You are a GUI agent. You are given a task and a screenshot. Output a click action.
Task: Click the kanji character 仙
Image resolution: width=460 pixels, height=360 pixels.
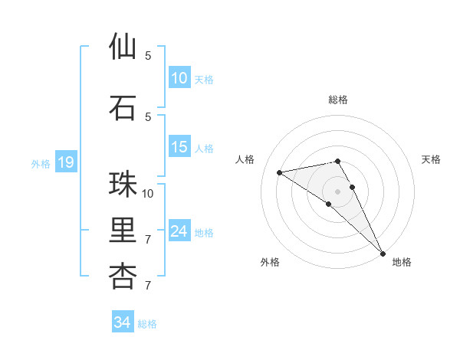[123, 47]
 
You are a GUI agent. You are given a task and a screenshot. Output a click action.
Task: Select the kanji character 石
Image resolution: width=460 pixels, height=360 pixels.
[123, 108]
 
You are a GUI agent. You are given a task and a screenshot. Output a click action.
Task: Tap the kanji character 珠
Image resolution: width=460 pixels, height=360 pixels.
[123, 185]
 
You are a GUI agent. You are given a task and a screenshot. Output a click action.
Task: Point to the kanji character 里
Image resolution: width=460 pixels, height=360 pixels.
[123, 231]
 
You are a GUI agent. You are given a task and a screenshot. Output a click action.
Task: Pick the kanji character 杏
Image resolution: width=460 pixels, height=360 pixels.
[123, 277]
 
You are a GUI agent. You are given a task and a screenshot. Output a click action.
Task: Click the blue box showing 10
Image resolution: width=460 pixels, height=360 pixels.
[179, 78]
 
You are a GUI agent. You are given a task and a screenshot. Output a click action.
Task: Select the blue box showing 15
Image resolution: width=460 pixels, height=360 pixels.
[179, 147]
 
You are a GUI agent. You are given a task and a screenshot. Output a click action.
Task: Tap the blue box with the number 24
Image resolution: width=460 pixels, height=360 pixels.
[179, 231]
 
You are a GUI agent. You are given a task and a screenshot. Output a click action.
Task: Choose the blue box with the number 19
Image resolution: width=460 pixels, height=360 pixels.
[65, 162]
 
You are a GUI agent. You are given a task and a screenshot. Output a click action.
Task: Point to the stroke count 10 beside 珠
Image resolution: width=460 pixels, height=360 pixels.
[149, 193]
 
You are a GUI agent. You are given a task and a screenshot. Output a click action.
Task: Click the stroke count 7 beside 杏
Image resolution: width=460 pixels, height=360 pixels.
[149, 286]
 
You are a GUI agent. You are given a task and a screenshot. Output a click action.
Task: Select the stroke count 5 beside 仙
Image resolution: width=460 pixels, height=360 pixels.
[149, 56]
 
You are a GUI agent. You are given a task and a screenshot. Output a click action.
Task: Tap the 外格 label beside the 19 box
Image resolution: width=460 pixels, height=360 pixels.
[41, 163]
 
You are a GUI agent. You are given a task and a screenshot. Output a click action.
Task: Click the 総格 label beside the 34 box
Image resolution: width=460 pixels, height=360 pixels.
[147, 324]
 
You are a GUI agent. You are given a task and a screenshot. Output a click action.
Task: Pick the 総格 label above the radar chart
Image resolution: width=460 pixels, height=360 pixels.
[338, 100]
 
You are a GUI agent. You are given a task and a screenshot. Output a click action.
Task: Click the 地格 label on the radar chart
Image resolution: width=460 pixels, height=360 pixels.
[402, 262]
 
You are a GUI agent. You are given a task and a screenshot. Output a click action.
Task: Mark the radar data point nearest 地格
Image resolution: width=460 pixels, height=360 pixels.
[383, 253]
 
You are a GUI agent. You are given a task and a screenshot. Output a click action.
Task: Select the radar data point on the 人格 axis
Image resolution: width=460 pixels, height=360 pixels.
[280, 172]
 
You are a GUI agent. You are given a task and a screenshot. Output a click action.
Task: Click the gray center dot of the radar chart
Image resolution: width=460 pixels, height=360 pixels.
[337, 191]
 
